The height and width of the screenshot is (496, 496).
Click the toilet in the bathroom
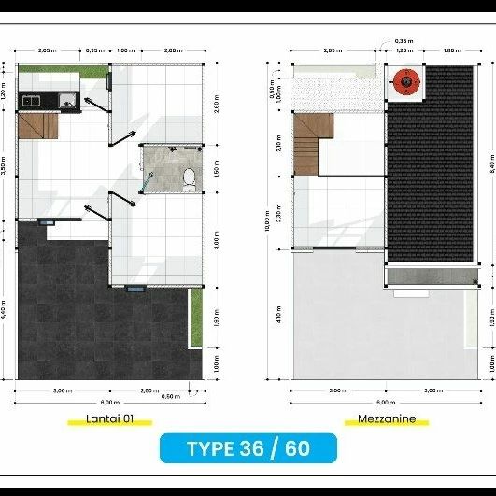tap(190, 176)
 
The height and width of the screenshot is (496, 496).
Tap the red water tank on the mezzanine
tap(405, 83)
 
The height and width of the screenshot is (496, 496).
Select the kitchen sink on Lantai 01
tap(67, 100)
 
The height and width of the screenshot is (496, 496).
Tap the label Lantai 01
tap(110, 419)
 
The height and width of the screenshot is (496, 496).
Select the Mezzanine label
tap(387, 419)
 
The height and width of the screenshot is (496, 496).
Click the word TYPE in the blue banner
tap(210, 448)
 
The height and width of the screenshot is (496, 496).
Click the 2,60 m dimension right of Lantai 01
tap(217, 106)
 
